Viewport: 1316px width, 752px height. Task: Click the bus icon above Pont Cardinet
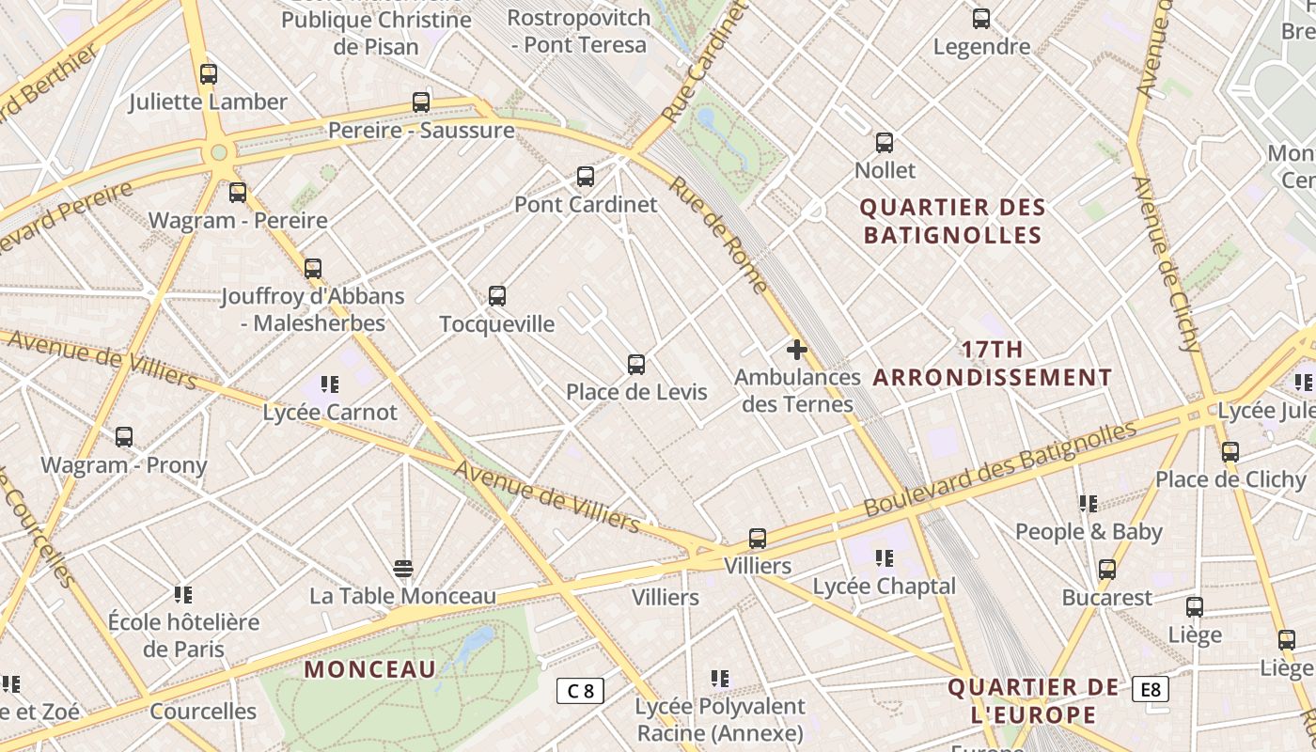(585, 176)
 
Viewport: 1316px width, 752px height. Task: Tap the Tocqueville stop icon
(497, 296)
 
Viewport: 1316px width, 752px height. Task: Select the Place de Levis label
(636, 392)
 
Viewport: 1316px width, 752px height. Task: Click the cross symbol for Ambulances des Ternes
(797, 351)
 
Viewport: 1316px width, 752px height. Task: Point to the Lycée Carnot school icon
(329, 384)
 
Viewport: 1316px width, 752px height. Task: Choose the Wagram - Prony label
(123, 464)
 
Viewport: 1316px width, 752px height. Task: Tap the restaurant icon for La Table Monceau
(403, 568)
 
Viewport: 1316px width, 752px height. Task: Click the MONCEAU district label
(370, 669)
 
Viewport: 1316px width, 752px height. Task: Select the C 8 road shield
(580, 691)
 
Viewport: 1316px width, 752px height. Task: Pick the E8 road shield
(1151, 689)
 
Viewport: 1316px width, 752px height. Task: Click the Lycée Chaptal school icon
(884, 558)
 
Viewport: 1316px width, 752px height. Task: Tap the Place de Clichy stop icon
(1230, 451)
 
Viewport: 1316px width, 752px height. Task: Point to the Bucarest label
(1106, 598)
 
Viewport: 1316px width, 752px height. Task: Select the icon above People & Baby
(1089, 504)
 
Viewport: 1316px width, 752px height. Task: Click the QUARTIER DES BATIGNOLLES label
(953, 221)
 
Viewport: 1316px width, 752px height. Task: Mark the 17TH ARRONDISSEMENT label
(993, 364)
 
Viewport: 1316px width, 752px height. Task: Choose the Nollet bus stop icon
(885, 143)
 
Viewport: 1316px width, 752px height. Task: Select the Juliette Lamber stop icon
(209, 73)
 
